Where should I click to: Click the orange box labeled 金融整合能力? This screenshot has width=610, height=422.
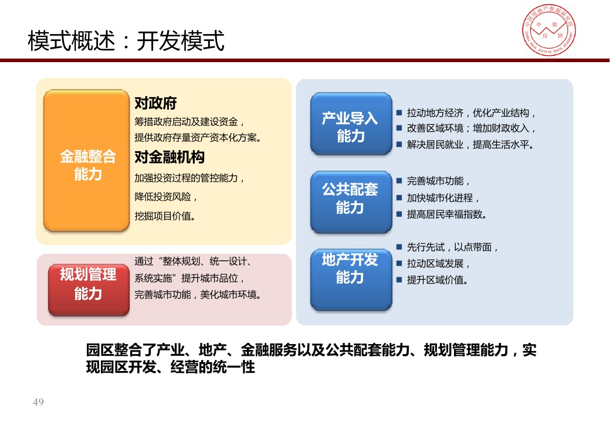tap(86, 161)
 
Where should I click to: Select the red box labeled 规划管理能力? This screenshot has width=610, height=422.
tap(89, 290)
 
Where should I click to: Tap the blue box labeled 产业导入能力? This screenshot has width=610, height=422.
tap(351, 124)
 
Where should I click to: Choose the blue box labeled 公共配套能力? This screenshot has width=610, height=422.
tap(351, 202)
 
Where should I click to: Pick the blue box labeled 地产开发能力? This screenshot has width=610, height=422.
tap(351, 280)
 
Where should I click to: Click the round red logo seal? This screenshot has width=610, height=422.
tap(548, 30)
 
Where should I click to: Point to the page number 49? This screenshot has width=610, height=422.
tap(38, 402)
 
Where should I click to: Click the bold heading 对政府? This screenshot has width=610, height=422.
tap(155, 103)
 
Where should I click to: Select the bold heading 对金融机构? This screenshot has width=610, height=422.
tap(170, 157)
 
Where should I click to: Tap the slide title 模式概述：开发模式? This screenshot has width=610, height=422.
tap(126, 40)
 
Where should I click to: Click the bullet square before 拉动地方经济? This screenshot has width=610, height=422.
tap(399, 113)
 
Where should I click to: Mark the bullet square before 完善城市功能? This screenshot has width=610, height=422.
tap(399, 181)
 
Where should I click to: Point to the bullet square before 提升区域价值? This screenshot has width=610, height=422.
tap(399, 280)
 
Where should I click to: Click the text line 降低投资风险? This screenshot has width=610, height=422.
tap(166, 197)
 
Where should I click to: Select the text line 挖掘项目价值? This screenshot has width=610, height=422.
tap(165, 216)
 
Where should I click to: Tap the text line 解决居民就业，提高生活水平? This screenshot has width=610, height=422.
tap(470, 145)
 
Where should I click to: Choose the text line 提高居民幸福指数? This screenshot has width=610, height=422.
tap(446, 214)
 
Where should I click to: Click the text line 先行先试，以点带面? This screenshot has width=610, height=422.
tap(452, 247)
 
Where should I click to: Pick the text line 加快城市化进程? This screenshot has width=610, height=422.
tap(443, 198)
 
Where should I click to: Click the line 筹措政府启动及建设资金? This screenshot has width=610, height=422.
tap(189, 122)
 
